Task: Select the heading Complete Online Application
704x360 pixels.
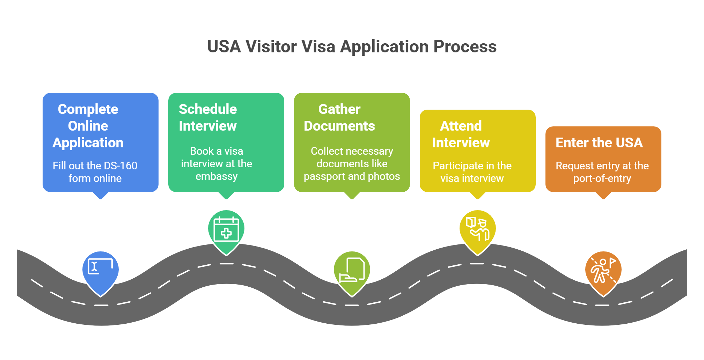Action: coord(88,126)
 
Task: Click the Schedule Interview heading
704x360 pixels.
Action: coord(208,117)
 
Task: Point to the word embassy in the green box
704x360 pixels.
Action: coord(217,176)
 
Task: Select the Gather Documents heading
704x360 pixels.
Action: coord(339,117)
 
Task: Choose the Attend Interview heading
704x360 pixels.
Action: coord(461,134)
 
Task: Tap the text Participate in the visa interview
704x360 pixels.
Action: coord(472,172)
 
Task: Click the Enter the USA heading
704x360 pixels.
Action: coord(599,142)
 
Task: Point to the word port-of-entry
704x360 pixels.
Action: coord(602,178)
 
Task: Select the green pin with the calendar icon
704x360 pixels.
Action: coord(226,229)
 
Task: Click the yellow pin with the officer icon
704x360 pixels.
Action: coord(477,229)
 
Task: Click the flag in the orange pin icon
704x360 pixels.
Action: coord(613,261)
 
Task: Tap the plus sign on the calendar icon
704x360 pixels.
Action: coord(226,233)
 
